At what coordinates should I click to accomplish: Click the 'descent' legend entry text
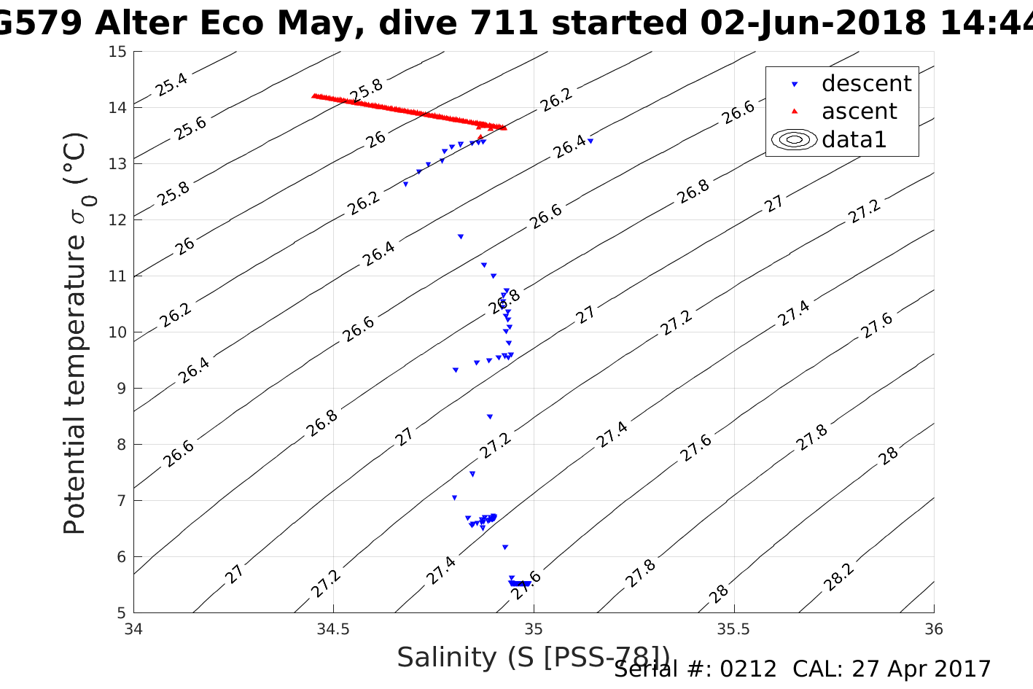click(x=866, y=84)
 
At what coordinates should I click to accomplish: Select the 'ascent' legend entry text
click(x=859, y=112)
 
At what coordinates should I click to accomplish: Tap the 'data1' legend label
click(x=854, y=139)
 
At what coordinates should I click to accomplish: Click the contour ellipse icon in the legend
click(x=794, y=139)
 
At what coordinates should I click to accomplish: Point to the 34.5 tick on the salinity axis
click(x=334, y=629)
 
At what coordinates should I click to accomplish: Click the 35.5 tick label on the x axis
click(x=734, y=629)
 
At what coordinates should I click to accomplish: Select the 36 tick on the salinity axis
click(x=933, y=629)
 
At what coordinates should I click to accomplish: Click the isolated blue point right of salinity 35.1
click(x=590, y=141)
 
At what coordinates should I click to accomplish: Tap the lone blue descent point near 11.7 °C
click(x=461, y=236)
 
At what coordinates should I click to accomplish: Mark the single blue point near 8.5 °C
click(x=490, y=416)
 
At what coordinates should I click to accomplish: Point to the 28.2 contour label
click(x=839, y=577)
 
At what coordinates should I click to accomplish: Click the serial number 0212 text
click(x=749, y=669)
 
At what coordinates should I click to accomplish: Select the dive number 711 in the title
click(x=510, y=23)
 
